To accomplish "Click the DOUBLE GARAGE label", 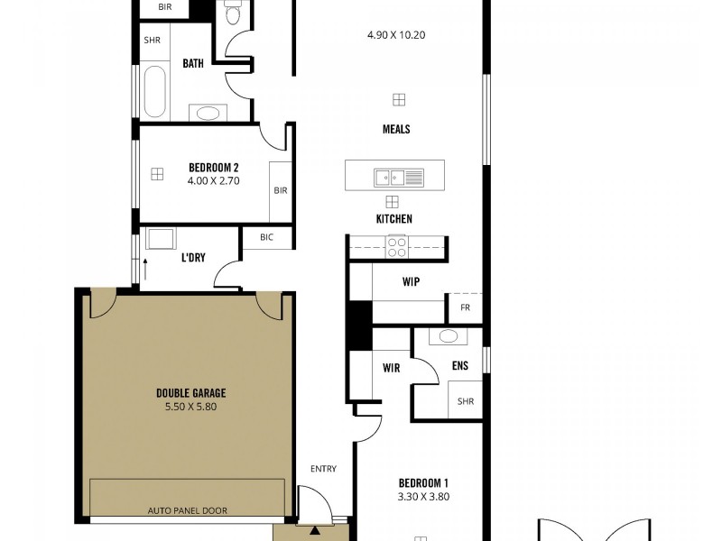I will pyautogui.click(x=190, y=392).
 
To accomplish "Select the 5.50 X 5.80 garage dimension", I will pyautogui.click(x=190, y=407).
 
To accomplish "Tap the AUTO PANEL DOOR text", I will pyautogui.click(x=188, y=510).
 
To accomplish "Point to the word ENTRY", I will pyautogui.click(x=323, y=469).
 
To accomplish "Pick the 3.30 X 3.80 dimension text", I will pyautogui.click(x=423, y=496).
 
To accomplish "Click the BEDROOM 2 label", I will pyautogui.click(x=213, y=167).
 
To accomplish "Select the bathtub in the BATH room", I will pyautogui.click(x=154, y=92).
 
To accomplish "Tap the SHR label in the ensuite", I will pyautogui.click(x=466, y=402).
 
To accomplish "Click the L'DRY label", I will pyautogui.click(x=193, y=258).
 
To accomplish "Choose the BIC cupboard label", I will pyautogui.click(x=266, y=238).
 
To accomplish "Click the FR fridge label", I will pyautogui.click(x=465, y=307).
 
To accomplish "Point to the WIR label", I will pyautogui.click(x=391, y=368).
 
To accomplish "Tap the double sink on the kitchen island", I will pyautogui.click(x=400, y=177).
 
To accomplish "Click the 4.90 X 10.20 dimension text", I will pyautogui.click(x=395, y=35).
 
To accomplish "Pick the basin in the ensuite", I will pyautogui.click(x=448, y=337).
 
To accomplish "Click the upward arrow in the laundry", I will pyautogui.click(x=144, y=270).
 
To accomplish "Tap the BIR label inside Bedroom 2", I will pyautogui.click(x=280, y=190).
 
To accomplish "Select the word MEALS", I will pyautogui.click(x=395, y=129).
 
